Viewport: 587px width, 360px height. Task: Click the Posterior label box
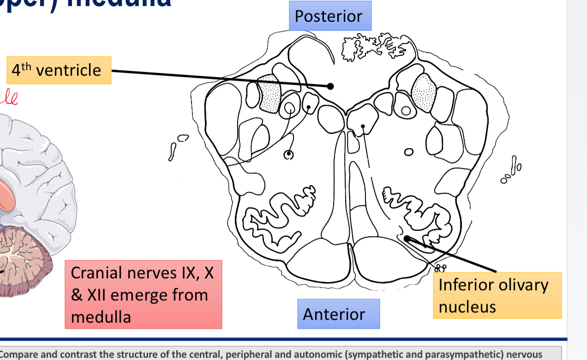point(329,16)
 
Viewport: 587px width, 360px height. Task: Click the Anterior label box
point(334,314)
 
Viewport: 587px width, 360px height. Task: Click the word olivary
point(521,285)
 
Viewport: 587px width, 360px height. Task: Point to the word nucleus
point(467,306)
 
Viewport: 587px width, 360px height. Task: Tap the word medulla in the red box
point(101,317)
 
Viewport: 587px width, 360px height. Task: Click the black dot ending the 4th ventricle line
point(330,86)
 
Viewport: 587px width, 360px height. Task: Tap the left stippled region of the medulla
point(270,94)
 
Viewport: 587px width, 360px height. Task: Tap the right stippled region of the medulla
point(424,92)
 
